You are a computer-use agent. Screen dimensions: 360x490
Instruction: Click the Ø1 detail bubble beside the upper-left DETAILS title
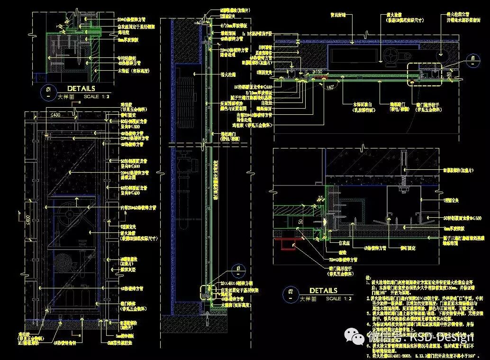pos(48,92)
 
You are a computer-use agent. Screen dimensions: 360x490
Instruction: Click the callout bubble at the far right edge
pos(472,61)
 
